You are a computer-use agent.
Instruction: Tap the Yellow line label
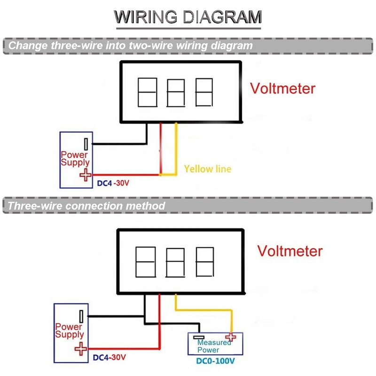click(x=207, y=168)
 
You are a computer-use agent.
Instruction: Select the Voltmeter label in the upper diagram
click(x=282, y=88)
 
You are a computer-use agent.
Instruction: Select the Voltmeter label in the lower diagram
click(x=290, y=251)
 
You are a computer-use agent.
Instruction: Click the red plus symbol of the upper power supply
click(x=86, y=175)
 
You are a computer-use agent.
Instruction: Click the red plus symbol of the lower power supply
click(x=81, y=349)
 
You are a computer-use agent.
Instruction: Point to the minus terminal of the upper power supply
click(x=86, y=144)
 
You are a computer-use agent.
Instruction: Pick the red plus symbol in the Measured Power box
click(x=230, y=337)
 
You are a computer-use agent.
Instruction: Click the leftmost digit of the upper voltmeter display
click(x=147, y=92)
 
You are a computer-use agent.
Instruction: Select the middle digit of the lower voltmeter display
click(x=175, y=261)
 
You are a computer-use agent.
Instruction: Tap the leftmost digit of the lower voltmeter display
click(x=146, y=261)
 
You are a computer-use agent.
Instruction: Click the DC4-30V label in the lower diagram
click(x=109, y=357)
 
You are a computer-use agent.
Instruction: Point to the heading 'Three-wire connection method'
click(x=86, y=206)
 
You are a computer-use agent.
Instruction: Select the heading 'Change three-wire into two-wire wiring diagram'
click(x=130, y=46)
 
